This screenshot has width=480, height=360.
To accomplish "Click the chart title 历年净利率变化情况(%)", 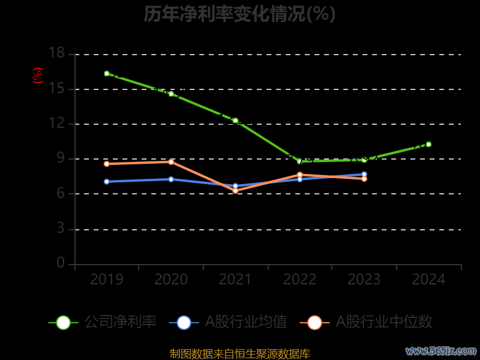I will tap(239, 14).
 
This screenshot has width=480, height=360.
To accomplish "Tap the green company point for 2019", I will tap(107, 74).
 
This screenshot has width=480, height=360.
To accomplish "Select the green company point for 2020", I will tap(171, 94).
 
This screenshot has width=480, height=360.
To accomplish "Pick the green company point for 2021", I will tap(235, 121).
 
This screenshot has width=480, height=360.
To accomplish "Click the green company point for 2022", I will tap(299, 161).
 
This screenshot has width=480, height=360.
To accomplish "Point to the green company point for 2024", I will tap(428, 144).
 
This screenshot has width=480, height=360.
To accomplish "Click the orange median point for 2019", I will tap(107, 164).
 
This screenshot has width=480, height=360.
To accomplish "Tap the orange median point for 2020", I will tap(171, 162).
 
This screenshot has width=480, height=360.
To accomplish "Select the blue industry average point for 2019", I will tap(107, 181).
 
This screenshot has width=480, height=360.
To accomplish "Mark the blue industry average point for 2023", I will tap(364, 174).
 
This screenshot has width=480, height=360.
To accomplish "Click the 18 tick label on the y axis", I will tap(56, 54).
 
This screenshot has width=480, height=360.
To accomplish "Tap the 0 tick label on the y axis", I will tap(61, 263).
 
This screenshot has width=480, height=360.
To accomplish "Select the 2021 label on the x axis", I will tap(235, 280).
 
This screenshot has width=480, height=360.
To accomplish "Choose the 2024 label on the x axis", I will tap(428, 280).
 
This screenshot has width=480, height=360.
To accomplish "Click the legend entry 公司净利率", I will tap(103, 322).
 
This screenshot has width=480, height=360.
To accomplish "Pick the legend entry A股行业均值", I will tap(229, 322).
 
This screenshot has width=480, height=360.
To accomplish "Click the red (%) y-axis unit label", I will tap(38, 76).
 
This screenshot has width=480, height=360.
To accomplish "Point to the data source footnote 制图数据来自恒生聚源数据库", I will tap(239, 353).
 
